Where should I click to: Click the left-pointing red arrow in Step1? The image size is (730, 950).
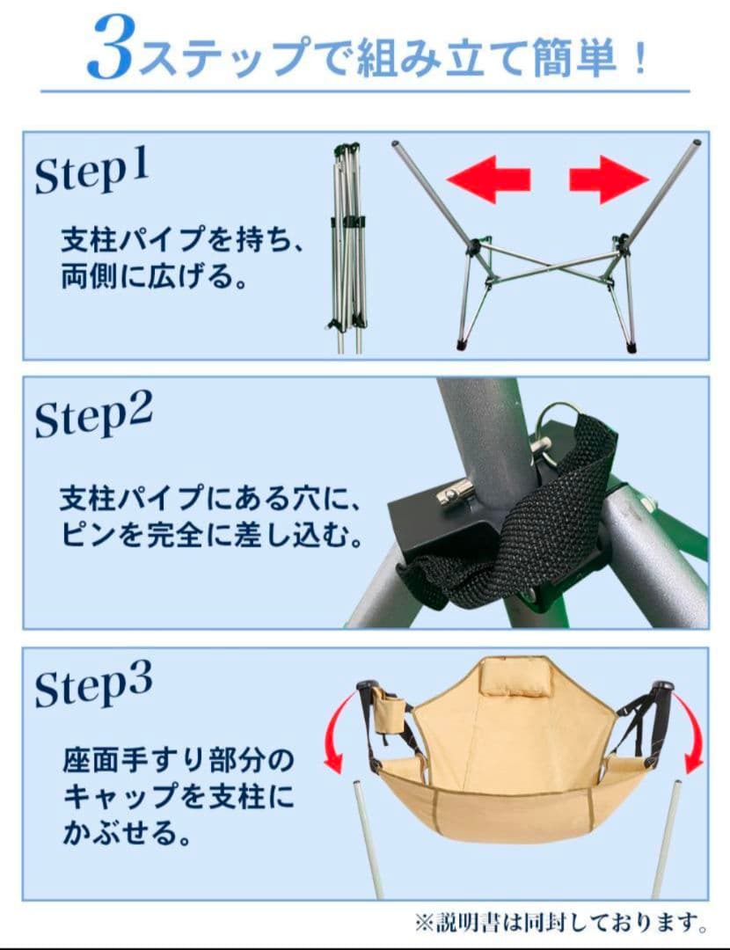click(x=489, y=179)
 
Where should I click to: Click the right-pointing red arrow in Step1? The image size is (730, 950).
click(x=608, y=179)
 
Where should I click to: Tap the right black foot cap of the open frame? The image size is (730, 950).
click(x=631, y=347)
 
